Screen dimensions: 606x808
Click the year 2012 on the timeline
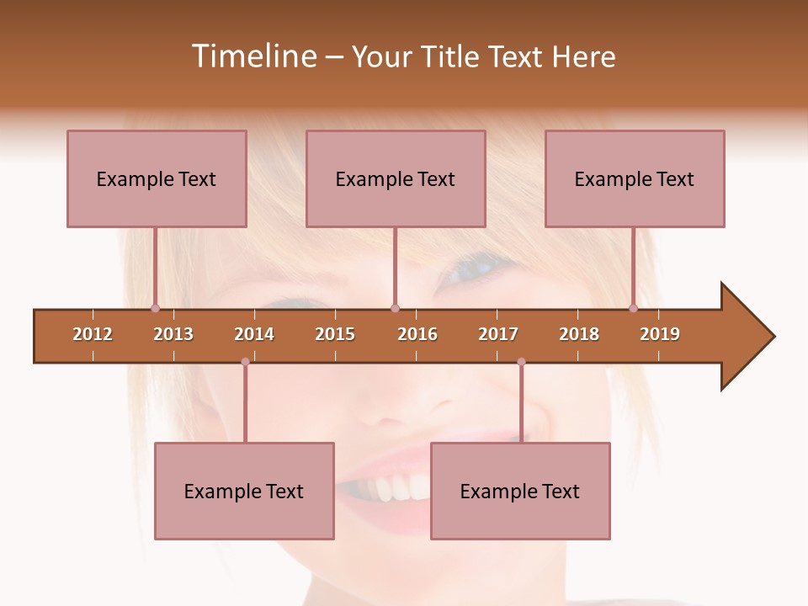93,334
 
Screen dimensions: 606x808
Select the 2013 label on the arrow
173,334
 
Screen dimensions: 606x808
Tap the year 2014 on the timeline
254,334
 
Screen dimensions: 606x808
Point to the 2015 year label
335,334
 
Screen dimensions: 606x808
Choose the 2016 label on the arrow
417,334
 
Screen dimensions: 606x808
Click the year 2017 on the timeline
498,334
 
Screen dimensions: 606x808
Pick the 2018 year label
579,334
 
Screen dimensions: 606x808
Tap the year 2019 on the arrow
660,334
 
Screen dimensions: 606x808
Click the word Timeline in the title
252,56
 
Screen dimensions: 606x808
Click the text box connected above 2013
157,178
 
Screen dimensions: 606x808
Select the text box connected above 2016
396,178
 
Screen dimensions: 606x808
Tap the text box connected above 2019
635,178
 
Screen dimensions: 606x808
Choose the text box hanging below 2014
244,491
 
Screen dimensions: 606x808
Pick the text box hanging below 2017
520,491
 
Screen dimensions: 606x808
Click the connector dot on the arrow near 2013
155,309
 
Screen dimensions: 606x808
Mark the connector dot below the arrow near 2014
245,361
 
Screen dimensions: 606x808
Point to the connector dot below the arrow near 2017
521,361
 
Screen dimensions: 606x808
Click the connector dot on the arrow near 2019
633,309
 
